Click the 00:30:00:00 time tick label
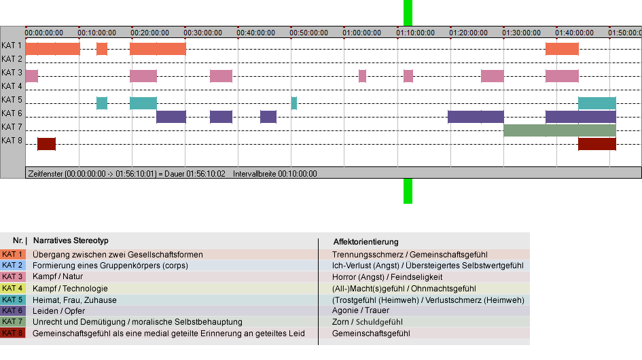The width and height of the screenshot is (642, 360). point(202,33)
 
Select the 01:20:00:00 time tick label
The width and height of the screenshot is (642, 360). point(468,33)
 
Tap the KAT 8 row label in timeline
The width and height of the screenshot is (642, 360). point(12,141)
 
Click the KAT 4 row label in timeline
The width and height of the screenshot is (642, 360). point(12,86)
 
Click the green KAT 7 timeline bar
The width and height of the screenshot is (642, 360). point(560,130)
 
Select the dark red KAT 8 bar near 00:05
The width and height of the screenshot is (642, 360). point(47,144)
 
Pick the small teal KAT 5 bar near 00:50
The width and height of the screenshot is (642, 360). point(294,103)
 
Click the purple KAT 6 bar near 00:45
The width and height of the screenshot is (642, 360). point(268,117)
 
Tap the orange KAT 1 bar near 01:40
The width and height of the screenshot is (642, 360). point(562,49)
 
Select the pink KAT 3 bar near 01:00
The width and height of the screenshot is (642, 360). point(362,76)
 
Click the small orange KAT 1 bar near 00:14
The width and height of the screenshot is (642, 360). point(102,49)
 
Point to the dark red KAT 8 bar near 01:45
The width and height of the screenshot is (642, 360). point(597,144)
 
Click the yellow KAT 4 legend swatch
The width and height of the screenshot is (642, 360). point(13,288)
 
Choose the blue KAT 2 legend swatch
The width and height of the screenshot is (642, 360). point(13,266)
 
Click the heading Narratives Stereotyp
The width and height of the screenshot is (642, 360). point(71,241)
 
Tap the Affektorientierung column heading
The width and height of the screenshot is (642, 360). point(365,242)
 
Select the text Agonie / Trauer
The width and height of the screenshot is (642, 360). point(361,310)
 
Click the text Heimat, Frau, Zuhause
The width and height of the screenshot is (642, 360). point(75,300)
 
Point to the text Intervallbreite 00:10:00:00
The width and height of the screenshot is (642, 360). point(275,174)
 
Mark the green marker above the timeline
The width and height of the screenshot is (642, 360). point(408,13)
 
